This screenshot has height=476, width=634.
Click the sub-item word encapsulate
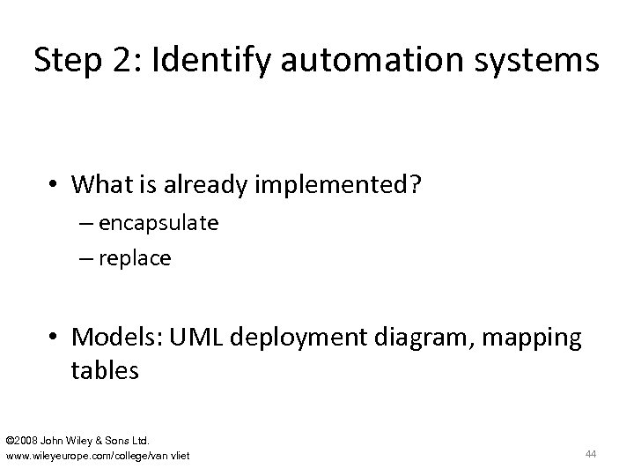tap(158, 224)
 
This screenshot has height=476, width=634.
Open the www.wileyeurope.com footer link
tap(98, 455)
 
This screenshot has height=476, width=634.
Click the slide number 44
tap(591, 453)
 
